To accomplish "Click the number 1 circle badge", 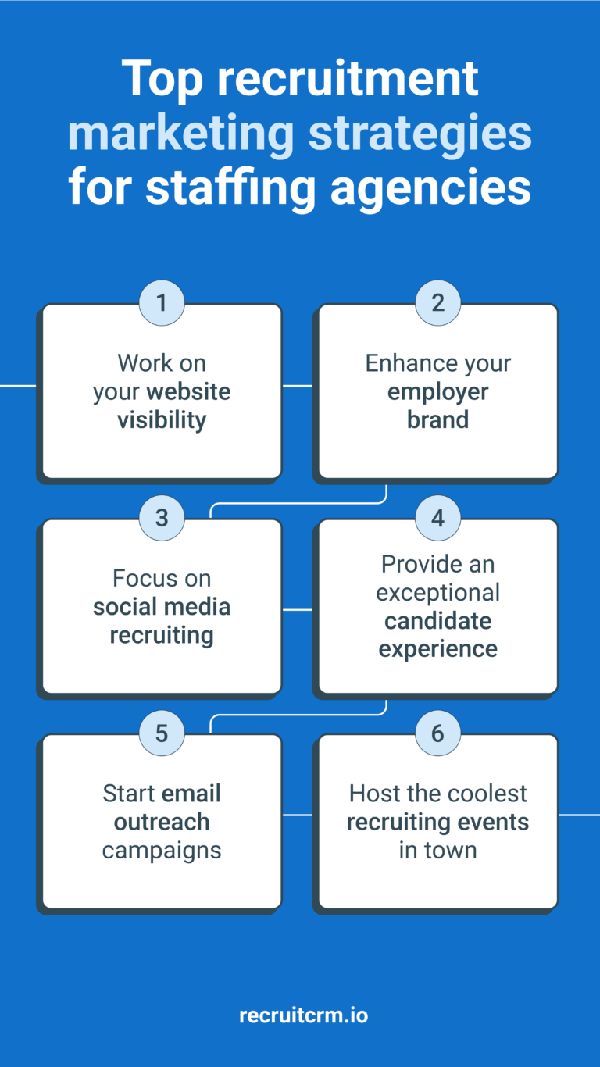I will coord(162,302).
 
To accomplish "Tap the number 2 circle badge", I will coord(437,302).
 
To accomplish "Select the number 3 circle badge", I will coord(162,518).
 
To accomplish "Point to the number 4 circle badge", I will coord(437,518).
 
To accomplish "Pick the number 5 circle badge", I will coord(162,733).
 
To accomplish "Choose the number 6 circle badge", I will coord(437,733).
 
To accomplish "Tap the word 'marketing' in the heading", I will coord(180,134).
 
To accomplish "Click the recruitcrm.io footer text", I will coord(303,1015).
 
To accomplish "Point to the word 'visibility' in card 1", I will coord(162,420).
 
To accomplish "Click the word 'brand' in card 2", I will coord(437,420).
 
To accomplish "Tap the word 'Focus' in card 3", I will coord(141,579).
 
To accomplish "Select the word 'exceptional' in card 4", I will coord(437,593).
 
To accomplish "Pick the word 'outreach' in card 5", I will coord(162,822).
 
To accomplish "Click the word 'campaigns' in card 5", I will coord(162,850).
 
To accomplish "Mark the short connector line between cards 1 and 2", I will coord(297,386).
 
